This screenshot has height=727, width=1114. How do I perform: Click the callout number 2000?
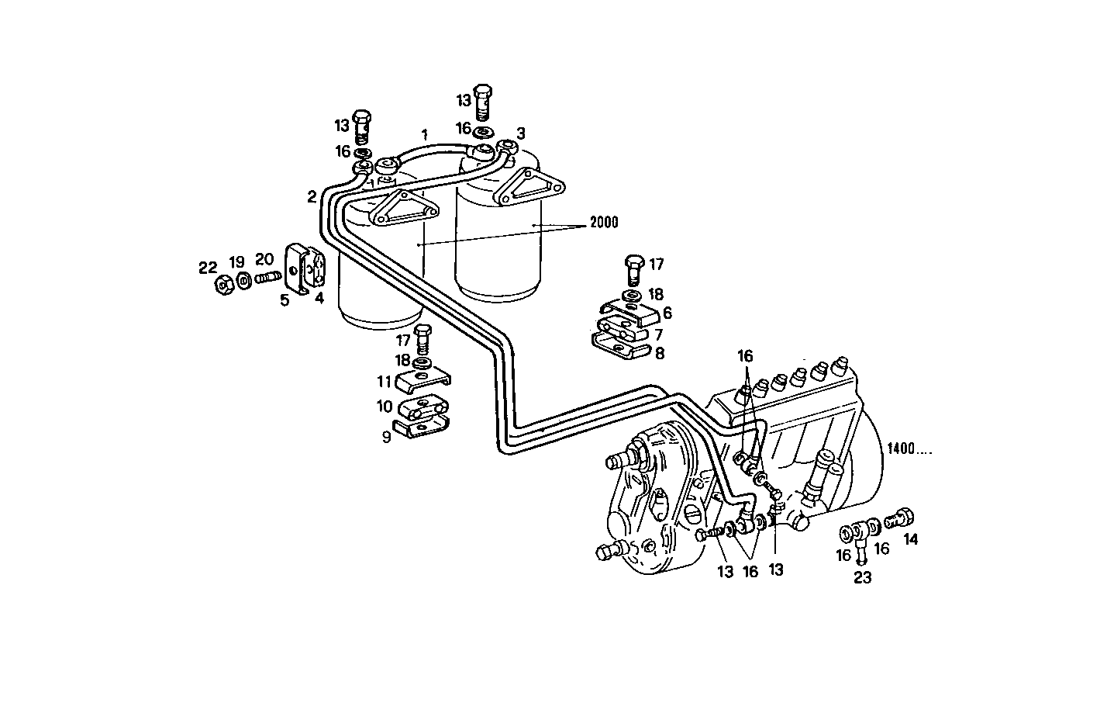[x=604, y=223]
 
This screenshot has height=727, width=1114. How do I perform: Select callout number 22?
[x=207, y=268]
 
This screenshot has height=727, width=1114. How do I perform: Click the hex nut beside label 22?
[x=224, y=286]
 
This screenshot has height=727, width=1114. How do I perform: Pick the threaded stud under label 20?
[x=267, y=276]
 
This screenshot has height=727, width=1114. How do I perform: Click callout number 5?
[x=285, y=299]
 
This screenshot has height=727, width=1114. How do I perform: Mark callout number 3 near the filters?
[x=521, y=133]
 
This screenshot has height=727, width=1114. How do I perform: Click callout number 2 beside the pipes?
[x=311, y=197]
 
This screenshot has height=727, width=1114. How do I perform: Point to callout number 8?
[x=659, y=353]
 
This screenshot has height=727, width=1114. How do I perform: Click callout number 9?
[x=385, y=437]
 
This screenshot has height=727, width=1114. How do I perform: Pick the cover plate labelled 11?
[x=423, y=381]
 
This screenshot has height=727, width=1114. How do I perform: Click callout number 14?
[x=910, y=538]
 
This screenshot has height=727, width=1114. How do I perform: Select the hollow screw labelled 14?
[x=900, y=516]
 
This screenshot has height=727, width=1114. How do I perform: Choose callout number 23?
[x=863, y=577]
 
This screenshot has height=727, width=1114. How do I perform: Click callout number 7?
[x=659, y=334]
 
